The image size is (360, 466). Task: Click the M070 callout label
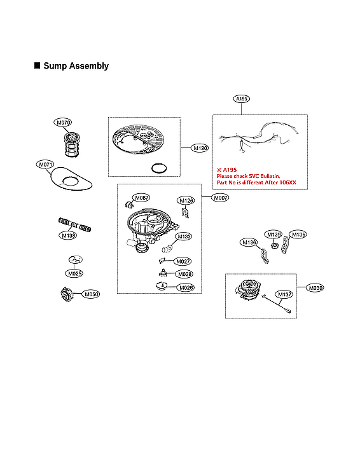coord(63,122)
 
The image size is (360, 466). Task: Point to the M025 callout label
coord(75,273)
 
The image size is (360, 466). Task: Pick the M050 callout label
coord(92,294)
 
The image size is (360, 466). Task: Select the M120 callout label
coord(200,148)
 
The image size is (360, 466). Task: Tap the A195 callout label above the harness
coord(242,99)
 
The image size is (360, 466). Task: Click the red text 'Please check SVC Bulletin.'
coord(249,176)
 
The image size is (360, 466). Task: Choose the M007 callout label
coord(220,198)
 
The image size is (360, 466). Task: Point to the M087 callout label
coord(142,198)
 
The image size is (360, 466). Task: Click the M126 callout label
coord(186,201)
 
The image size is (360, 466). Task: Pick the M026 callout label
coord(185,287)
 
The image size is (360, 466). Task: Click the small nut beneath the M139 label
coord(273,245)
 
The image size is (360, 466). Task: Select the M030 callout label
coord(316,288)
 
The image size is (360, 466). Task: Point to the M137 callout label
coord(284,294)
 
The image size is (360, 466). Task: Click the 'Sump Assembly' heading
coord(76,66)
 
